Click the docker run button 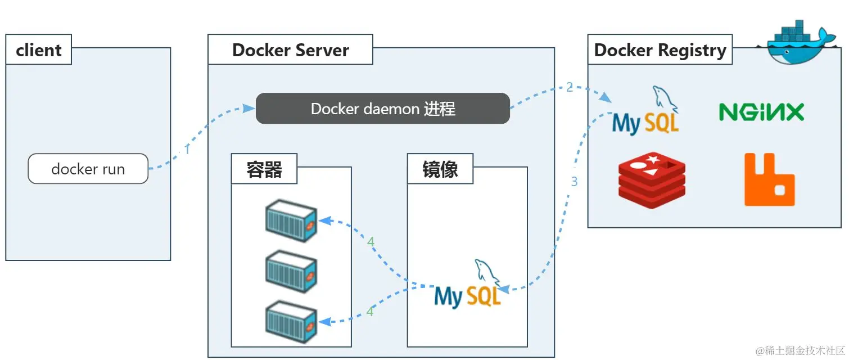88,169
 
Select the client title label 38,50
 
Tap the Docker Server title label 290,50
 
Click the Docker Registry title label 660,50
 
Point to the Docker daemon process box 383,109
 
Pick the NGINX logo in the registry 761,112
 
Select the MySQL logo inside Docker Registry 647,115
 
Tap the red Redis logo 652,181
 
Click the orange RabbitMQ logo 769,180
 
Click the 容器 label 264,169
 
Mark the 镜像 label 440,169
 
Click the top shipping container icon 291,220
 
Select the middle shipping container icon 291,272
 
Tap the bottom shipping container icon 291,322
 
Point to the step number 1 187,150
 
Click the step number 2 570,87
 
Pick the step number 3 574,182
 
